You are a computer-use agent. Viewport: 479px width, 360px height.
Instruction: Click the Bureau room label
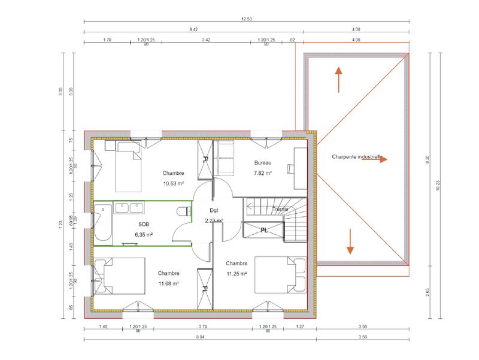[x=263, y=163]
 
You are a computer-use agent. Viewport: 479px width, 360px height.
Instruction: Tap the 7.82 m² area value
[x=263, y=173]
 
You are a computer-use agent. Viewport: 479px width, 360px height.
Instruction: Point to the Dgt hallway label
[x=213, y=210]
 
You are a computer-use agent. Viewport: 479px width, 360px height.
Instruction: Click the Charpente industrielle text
[x=356, y=158]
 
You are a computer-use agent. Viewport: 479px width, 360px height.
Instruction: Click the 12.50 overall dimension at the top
[x=246, y=19]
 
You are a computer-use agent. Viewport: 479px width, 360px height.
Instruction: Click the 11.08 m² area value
[x=170, y=283]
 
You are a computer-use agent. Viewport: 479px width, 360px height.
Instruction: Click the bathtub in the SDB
[x=102, y=224]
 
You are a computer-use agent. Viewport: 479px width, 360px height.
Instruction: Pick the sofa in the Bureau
[x=227, y=159]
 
